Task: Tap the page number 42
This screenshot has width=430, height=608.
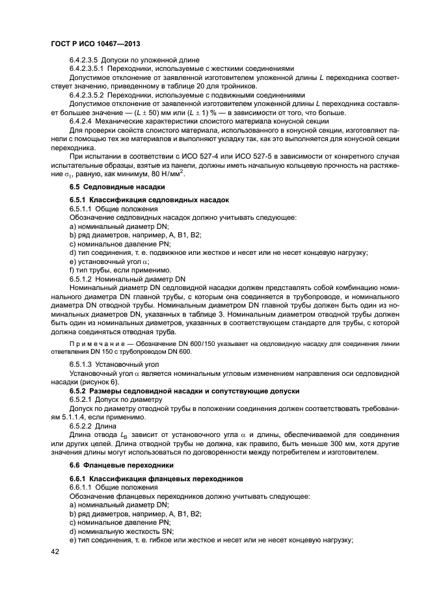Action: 57,551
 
